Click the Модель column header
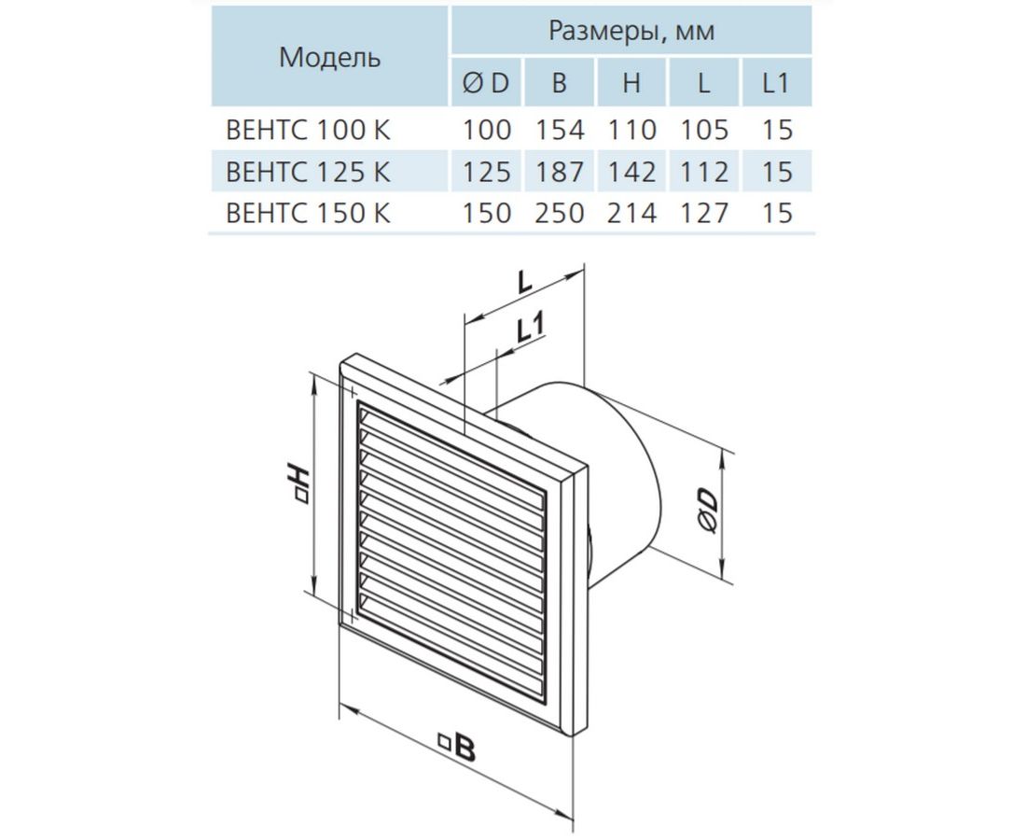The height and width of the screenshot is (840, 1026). (329, 58)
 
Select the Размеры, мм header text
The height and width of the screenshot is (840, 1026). (631, 31)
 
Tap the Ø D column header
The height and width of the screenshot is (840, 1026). (486, 83)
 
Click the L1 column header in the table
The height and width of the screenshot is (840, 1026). (776, 83)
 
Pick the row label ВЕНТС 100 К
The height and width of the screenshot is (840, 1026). (308, 130)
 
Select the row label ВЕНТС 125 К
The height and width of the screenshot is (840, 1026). (308, 172)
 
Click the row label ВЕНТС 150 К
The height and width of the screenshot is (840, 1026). (308, 213)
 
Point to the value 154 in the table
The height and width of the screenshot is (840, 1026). (560, 130)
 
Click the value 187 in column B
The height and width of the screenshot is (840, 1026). (560, 172)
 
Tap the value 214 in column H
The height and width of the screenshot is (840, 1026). (631, 213)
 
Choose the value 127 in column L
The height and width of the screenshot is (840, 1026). (704, 213)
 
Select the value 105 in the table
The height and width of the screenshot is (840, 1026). (704, 130)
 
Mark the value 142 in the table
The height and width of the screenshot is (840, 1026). (631, 172)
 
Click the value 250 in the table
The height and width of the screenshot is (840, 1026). (560, 213)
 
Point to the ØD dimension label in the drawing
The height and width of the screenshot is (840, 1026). (707, 511)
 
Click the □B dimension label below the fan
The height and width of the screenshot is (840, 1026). (457, 747)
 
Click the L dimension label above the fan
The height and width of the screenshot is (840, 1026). (525, 282)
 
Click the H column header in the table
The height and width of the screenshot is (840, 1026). (631, 83)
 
